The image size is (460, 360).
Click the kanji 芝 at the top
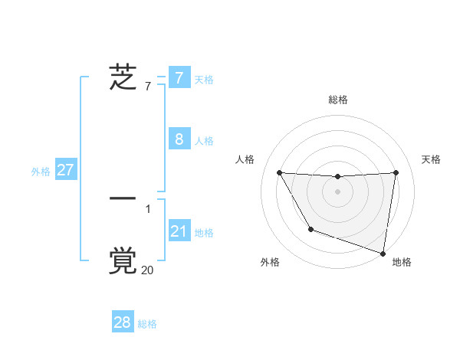pos(123,77)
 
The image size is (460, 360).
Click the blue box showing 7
pos(179,77)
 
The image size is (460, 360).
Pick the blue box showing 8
pos(179,139)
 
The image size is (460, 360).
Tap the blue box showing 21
pos(179,231)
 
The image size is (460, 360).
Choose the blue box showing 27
pos(65,170)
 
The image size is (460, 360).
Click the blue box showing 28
pos(123,322)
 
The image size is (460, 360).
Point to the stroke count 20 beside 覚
pos(147,270)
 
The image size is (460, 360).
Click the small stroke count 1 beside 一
pos(148,208)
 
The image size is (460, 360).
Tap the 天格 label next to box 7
pos(204,79)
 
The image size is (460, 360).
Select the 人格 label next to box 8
pos(204,141)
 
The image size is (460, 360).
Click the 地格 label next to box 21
pos(204,232)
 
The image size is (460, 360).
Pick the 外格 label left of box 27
pos(41,172)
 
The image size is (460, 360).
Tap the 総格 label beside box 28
pos(147,324)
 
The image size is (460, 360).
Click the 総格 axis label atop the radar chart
pos(337,100)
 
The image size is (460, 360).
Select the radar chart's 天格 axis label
pos(431,159)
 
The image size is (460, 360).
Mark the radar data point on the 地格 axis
pos(383,253)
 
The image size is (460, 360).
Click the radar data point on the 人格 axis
pos(279,172)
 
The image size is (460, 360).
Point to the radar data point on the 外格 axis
pos(310,229)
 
